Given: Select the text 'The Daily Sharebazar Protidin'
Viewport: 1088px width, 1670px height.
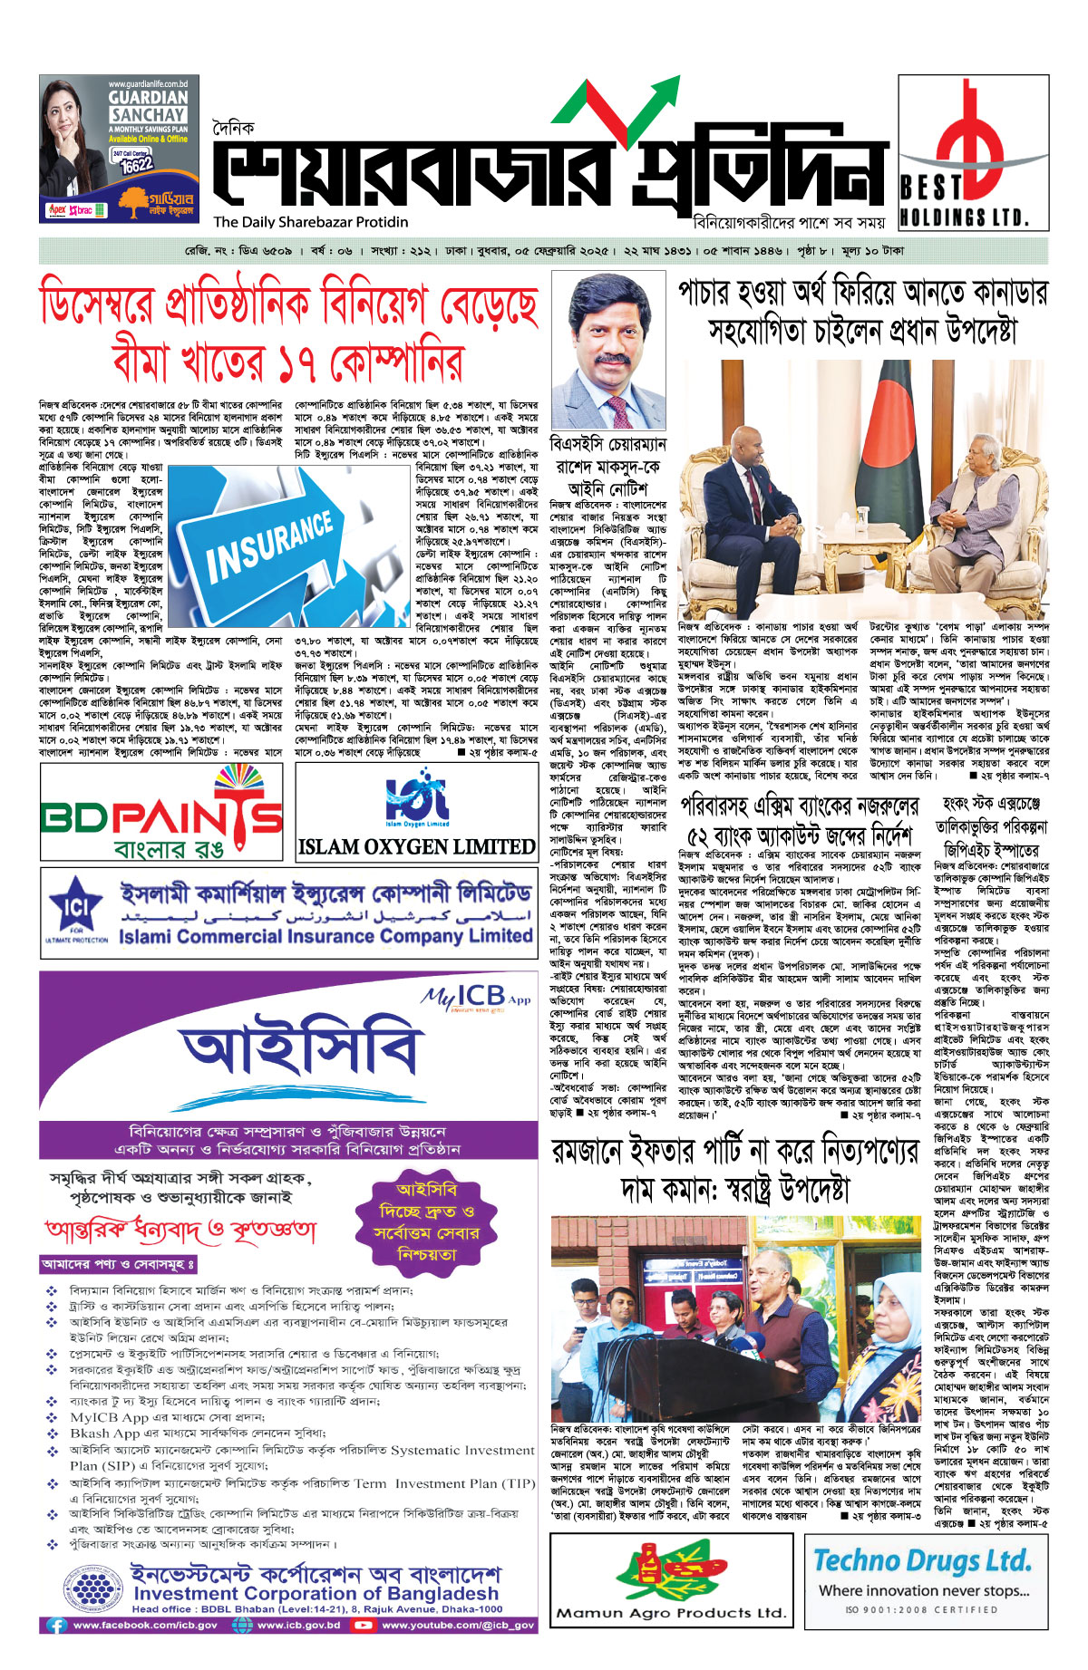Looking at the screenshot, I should pyautogui.click(x=311, y=222).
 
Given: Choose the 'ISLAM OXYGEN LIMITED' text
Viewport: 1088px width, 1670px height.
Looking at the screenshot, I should pyautogui.click(x=417, y=847).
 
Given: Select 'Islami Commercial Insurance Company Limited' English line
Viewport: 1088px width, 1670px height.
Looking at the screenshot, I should pyautogui.click(x=325, y=936).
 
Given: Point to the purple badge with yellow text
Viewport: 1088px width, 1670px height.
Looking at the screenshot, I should pyautogui.click(x=427, y=1222).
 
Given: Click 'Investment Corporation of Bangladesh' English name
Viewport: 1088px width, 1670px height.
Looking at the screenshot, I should pyautogui.click(x=316, y=1593).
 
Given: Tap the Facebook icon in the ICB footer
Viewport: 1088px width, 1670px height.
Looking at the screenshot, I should pyautogui.click(x=56, y=1626).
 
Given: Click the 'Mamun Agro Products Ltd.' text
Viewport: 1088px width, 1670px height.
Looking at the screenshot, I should pyautogui.click(x=670, y=1612).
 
